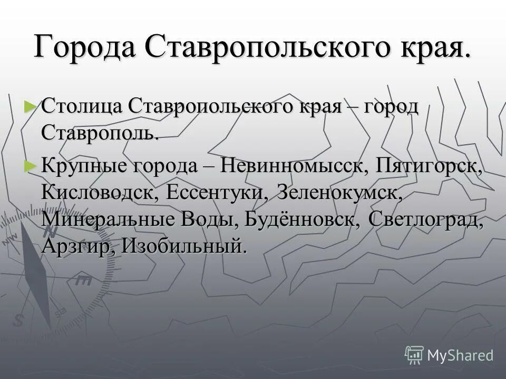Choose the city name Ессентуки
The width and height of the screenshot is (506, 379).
click(217, 192)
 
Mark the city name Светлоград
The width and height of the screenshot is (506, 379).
click(426, 219)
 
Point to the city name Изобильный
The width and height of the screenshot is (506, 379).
click(184, 246)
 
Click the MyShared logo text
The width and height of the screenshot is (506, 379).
click(460, 355)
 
